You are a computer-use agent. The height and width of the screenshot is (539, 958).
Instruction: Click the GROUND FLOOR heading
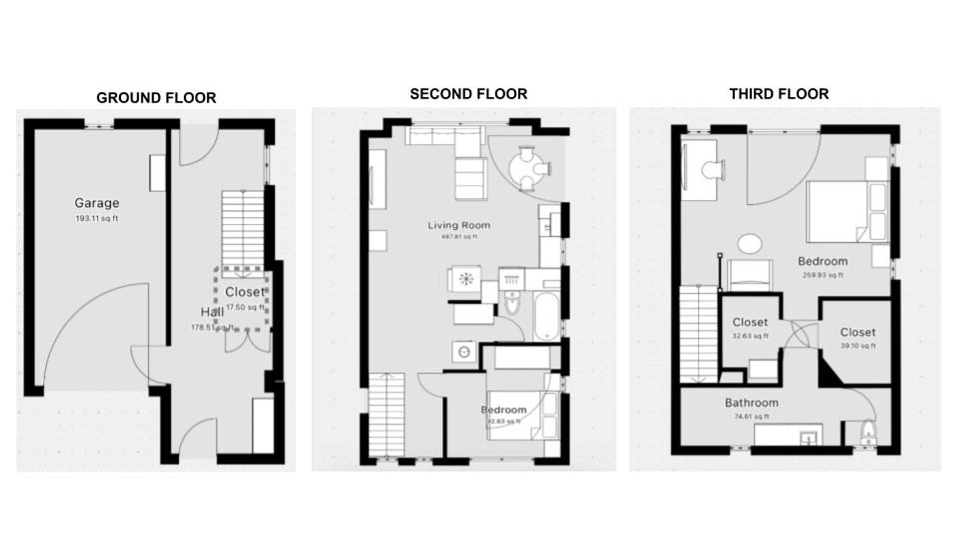(x=156, y=98)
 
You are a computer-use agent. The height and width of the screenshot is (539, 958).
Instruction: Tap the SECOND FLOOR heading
(x=468, y=94)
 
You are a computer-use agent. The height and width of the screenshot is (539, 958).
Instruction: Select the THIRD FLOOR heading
(x=778, y=94)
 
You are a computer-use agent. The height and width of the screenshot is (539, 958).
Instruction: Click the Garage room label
(x=96, y=203)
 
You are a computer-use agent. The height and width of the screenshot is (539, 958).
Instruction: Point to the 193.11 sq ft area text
(x=96, y=219)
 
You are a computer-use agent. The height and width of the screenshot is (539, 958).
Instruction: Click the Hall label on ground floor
(x=212, y=312)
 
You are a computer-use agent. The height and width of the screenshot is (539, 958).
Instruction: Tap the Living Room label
(x=458, y=225)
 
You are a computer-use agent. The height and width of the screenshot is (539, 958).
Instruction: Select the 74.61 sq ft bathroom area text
(x=751, y=416)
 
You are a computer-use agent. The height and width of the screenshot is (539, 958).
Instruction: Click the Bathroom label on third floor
(x=751, y=403)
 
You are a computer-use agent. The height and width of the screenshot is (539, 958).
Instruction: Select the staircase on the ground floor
(x=242, y=233)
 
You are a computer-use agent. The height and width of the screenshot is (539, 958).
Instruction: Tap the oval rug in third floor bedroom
(x=749, y=244)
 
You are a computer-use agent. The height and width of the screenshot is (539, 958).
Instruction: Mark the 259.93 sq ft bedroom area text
(x=822, y=275)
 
